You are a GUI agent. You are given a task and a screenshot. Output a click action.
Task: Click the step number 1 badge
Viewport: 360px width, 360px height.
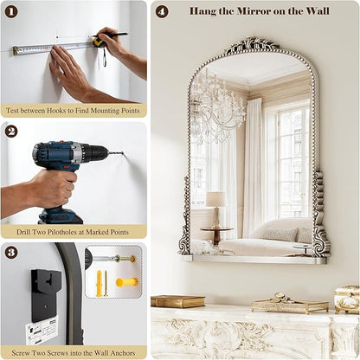[11, 12]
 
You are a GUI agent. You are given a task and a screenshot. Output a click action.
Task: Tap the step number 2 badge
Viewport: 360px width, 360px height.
[11, 132]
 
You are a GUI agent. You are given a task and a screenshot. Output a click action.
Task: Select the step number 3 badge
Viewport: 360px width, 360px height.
[11, 253]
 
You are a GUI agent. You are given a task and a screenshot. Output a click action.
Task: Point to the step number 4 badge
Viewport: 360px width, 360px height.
[162, 12]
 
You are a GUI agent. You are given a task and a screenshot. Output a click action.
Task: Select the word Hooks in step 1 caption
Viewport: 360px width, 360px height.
[56, 111]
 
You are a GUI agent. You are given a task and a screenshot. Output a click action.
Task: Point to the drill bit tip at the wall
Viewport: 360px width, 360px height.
[123, 153]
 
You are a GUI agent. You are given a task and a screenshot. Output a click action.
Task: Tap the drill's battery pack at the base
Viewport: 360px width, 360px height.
[61, 216]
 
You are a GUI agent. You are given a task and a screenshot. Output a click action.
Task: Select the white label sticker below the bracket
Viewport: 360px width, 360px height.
[42, 330]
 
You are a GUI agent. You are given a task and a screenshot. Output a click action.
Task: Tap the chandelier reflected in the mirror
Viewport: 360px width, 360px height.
[218, 106]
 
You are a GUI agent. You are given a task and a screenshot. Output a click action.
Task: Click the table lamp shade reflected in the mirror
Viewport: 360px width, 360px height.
[216, 199]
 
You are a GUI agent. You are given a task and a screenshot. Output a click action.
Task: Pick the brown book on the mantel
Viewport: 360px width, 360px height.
[178, 301]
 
